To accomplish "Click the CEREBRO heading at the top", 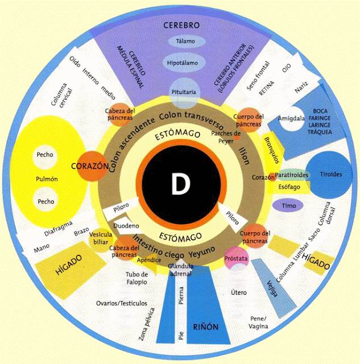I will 181,26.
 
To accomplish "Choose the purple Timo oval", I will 288,204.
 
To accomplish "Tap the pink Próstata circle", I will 237,258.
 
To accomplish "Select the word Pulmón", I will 47,179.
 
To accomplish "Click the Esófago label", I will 289,185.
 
